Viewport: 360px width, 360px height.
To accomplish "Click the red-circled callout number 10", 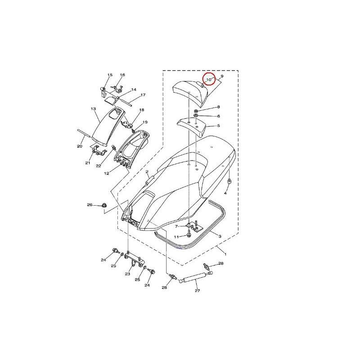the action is click(209, 80).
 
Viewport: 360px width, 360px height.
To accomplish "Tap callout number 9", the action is click(222, 76).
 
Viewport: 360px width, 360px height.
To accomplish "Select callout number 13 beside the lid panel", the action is click(93, 108).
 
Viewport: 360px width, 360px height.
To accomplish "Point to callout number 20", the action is click(80, 146).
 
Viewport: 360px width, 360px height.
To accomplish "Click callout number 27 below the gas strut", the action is click(197, 291).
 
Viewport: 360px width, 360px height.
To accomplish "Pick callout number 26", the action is click(90, 205).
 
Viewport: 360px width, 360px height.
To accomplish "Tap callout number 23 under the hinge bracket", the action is click(127, 274).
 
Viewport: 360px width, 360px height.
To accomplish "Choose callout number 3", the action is click(220, 236).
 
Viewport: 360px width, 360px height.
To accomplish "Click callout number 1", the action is click(225, 254).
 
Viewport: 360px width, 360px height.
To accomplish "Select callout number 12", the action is click(107, 173).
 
